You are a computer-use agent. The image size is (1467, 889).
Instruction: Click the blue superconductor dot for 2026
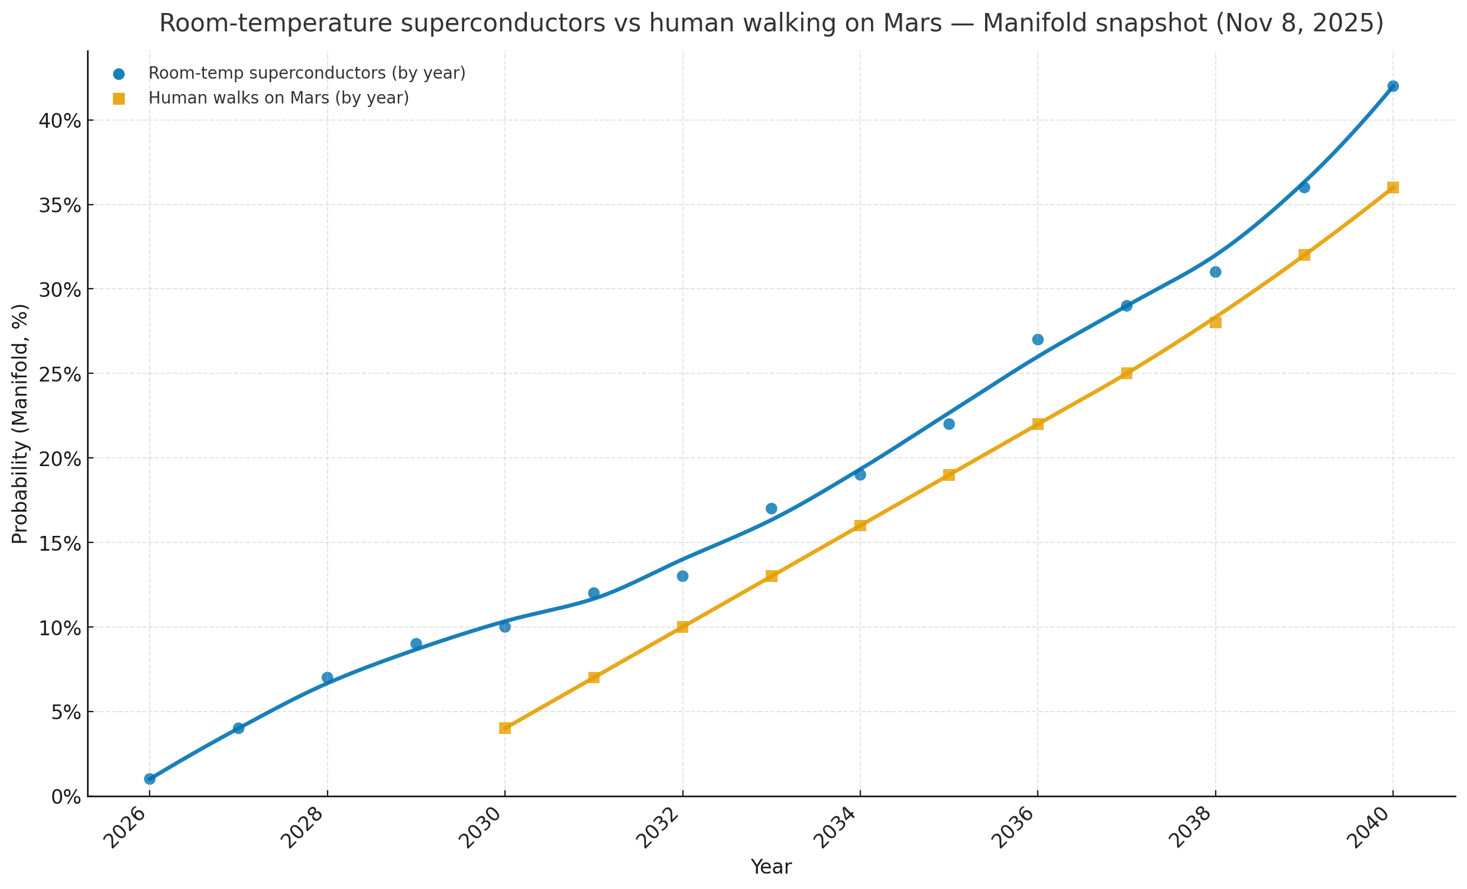pyautogui.click(x=150, y=779)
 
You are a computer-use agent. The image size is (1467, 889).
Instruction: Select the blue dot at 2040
pyautogui.click(x=1393, y=86)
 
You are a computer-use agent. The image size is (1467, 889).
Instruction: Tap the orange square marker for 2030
pyautogui.click(x=505, y=728)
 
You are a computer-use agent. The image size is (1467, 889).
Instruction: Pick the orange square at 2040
pyautogui.click(x=1393, y=188)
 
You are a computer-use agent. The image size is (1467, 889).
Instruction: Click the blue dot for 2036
pyautogui.click(x=1038, y=340)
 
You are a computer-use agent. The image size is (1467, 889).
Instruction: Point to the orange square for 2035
pyautogui.click(x=949, y=474)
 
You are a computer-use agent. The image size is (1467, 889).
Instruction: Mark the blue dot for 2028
pyautogui.click(x=327, y=678)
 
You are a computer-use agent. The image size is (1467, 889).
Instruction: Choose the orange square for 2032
pyautogui.click(x=682, y=627)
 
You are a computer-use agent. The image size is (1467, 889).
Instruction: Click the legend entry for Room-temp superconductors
pyautogui.click(x=307, y=74)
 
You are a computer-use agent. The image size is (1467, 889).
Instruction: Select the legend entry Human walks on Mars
pyautogui.click(x=278, y=98)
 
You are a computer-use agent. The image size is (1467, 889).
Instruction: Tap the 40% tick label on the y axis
pyautogui.click(x=60, y=121)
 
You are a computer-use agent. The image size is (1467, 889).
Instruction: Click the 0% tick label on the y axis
pyautogui.click(x=66, y=797)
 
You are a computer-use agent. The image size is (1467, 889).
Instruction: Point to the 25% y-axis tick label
pyautogui.click(x=60, y=374)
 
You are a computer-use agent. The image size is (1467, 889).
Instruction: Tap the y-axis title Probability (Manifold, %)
pyautogui.click(x=20, y=424)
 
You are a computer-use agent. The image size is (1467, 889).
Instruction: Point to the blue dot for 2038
pyautogui.click(x=1216, y=272)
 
